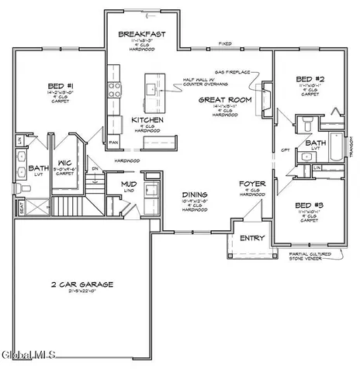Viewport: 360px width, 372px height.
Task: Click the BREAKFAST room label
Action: (139, 35)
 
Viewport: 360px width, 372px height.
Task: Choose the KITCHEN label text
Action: (146, 120)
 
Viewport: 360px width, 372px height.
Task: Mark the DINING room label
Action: (194, 195)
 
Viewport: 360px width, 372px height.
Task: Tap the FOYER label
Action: (253, 184)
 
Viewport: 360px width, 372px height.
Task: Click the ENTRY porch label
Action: (252, 238)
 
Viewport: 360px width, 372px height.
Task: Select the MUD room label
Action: (129, 184)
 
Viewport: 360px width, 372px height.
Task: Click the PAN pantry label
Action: (113, 143)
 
